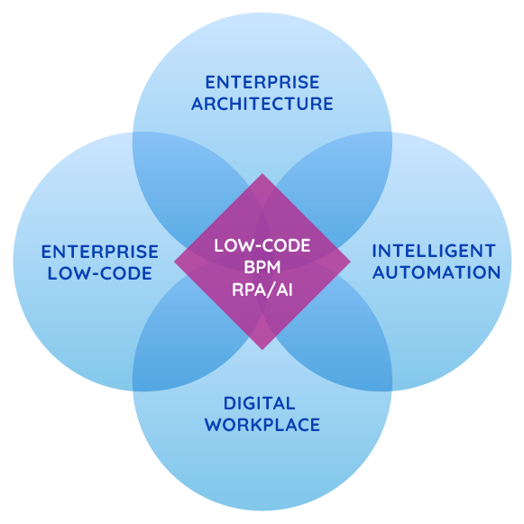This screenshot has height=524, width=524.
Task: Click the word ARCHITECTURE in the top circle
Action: (x=262, y=104)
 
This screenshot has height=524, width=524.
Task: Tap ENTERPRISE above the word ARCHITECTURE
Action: (x=262, y=82)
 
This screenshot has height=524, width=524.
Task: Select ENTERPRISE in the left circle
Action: (x=99, y=252)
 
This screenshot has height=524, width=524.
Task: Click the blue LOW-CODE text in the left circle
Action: (x=99, y=273)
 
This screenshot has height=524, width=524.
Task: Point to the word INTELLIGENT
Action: (x=434, y=251)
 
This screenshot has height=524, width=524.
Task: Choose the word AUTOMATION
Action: (x=437, y=272)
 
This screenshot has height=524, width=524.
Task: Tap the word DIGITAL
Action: (x=260, y=403)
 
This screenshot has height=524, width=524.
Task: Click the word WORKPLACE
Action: (x=262, y=425)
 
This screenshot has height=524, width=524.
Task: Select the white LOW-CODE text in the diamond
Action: (x=262, y=245)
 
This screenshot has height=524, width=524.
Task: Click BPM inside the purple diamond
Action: (x=262, y=267)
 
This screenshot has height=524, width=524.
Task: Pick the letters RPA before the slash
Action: (x=245, y=290)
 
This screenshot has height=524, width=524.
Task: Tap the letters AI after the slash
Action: (x=284, y=290)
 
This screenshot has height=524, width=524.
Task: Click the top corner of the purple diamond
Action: (x=262, y=173)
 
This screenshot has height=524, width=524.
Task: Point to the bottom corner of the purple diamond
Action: (x=262, y=350)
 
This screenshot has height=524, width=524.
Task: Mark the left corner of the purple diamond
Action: (x=174, y=262)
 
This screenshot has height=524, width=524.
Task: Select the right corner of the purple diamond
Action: (x=351, y=262)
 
